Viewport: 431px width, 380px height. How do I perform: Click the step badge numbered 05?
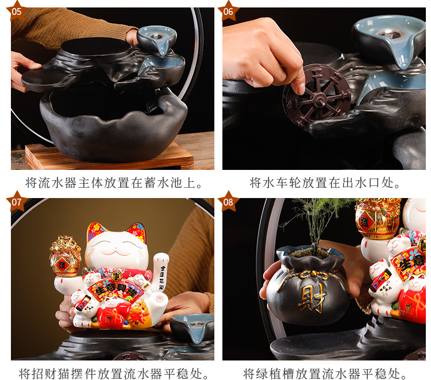click(17, 10)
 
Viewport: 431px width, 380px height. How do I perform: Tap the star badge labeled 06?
click(229, 10)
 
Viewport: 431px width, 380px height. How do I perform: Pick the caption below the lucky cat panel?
click(111, 374)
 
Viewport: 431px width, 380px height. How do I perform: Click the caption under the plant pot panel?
click(325, 374)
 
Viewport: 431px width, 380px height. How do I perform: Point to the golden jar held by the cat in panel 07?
click(65, 255)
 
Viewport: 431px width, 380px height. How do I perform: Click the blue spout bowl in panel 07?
click(192, 327)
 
